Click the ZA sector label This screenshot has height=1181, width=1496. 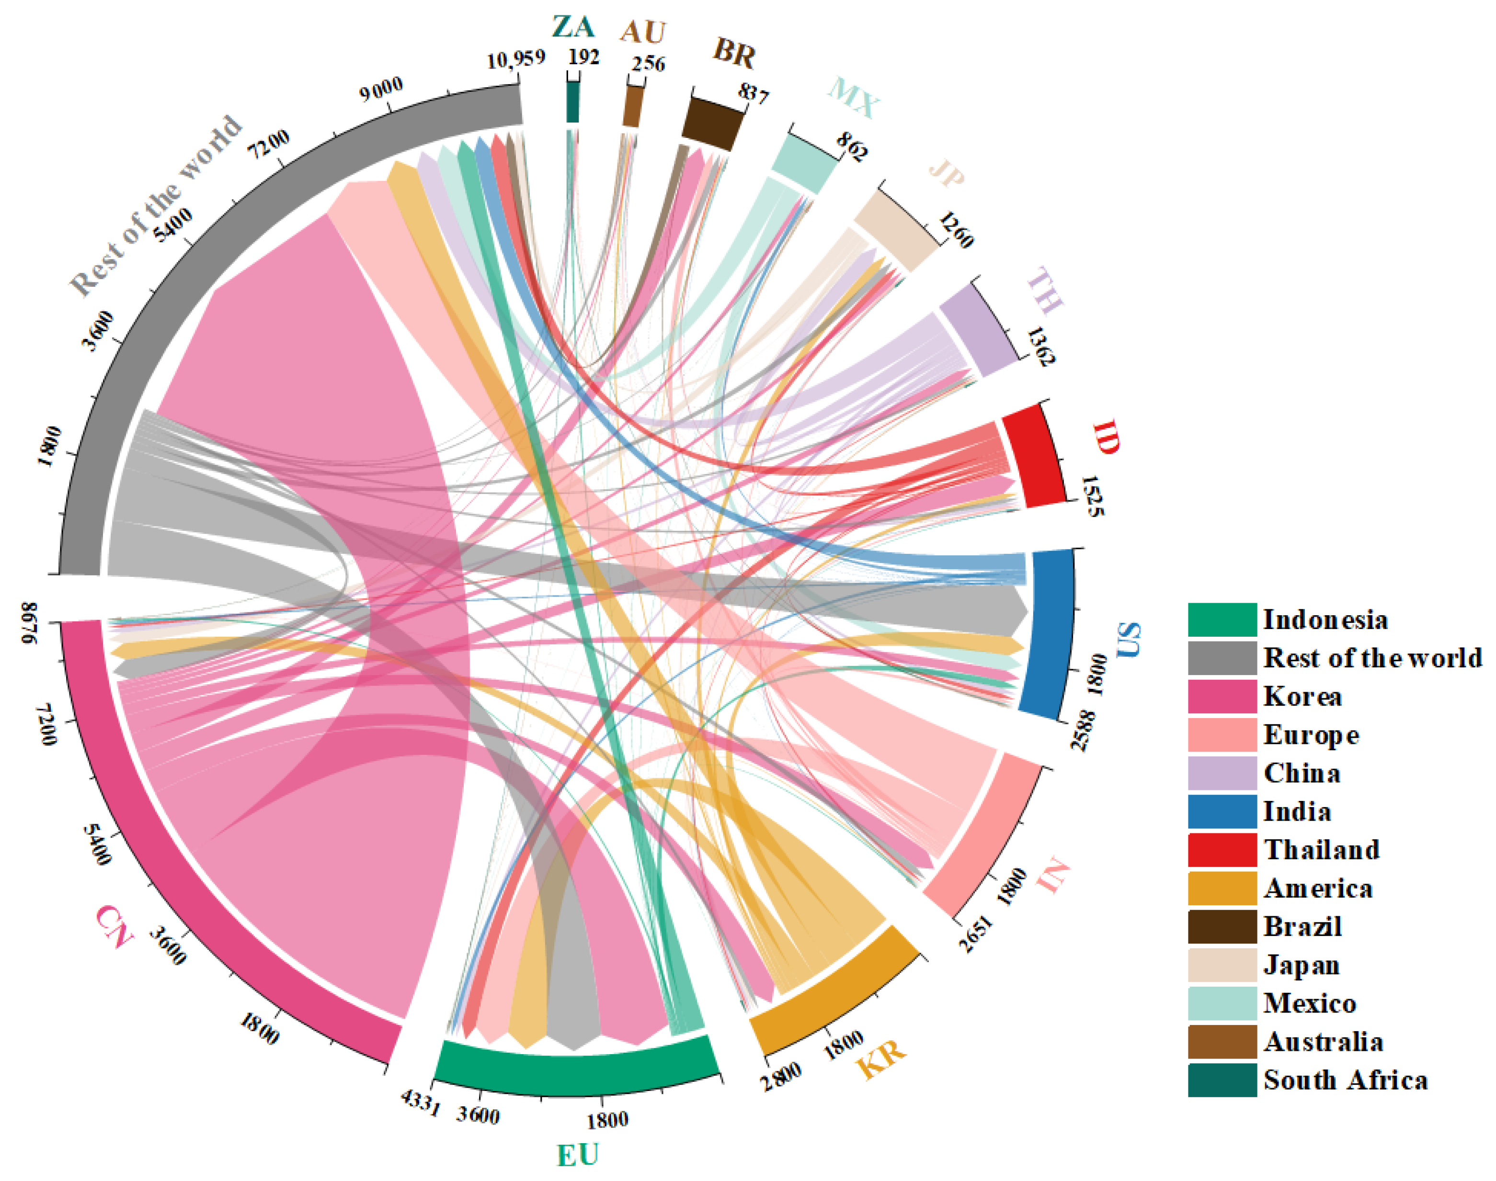[x=573, y=26]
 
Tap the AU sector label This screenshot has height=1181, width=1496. [x=643, y=32]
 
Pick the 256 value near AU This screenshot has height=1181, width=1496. [x=648, y=64]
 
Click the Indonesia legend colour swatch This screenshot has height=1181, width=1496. [x=1222, y=619]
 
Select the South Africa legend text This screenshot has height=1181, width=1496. [x=1345, y=1080]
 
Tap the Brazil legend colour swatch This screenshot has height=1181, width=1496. [x=1222, y=926]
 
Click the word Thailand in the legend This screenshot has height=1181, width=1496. [x=1322, y=850]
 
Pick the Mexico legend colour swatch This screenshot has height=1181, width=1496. [x=1222, y=1003]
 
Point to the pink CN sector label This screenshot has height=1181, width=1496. [x=114, y=926]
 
